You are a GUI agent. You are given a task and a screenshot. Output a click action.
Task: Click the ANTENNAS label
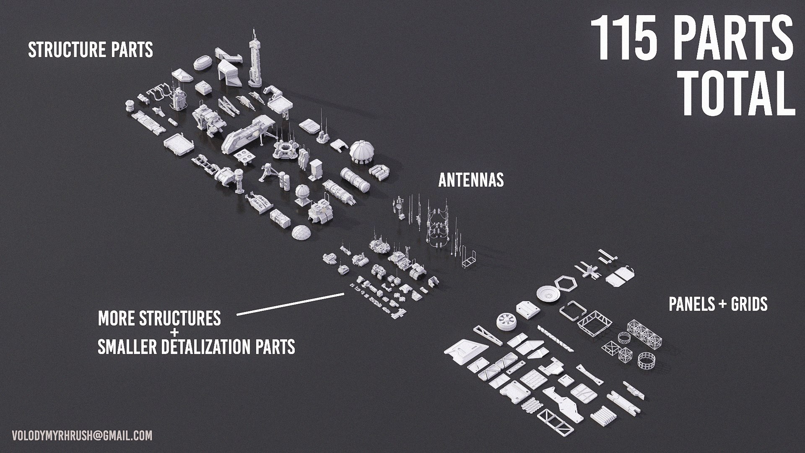coord(471,180)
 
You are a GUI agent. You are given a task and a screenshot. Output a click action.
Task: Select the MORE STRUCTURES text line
coord(159,318)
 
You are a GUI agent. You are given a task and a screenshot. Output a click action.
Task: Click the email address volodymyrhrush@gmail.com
coord(82,435)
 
